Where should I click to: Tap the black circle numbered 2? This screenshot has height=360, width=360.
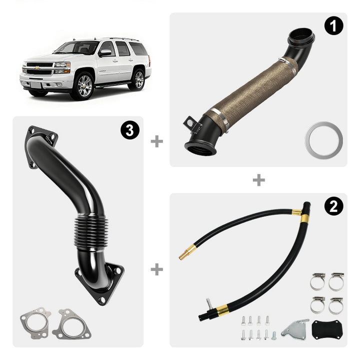(333, 206)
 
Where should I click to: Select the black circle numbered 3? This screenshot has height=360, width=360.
(130, 130)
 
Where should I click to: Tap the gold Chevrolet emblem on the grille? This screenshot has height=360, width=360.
(36, 67)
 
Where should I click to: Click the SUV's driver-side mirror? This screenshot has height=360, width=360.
(104, 53)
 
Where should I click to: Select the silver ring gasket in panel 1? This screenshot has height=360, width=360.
(324, 140)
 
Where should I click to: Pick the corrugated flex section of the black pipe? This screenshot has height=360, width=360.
(91, 231)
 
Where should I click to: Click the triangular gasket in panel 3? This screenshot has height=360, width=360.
(71, 324)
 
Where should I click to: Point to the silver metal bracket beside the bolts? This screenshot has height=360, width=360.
(295, 328)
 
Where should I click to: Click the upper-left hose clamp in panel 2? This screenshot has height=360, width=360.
(318, 281)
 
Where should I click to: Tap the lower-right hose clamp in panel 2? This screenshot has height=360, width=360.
(336, 306)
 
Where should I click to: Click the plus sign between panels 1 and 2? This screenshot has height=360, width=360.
(259, 180)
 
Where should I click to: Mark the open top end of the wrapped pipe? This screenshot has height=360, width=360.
(301, 36)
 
